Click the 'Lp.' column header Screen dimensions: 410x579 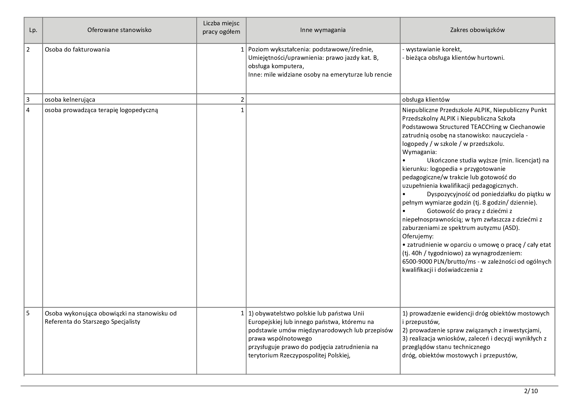(x=33, y=30)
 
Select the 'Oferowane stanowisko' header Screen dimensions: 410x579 (x=119, y=30)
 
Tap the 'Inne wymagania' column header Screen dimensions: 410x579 (x=323, y=30)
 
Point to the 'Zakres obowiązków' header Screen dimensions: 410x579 (x=477, y=30)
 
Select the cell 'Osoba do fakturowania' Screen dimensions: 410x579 (x=77, y=50)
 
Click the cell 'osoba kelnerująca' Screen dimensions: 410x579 (x=70, y=100)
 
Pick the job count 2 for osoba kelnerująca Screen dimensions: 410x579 (x=242, y=100)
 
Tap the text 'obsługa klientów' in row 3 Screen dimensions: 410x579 (x=426, y=100)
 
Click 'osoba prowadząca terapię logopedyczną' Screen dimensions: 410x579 (x=101, y=110)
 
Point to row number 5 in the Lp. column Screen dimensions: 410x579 (x=28, y=313)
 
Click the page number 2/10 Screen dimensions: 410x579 (x=531, y=391)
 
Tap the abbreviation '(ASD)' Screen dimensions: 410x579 (x=511, y=228)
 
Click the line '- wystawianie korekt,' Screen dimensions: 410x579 (x=432, y=50)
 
